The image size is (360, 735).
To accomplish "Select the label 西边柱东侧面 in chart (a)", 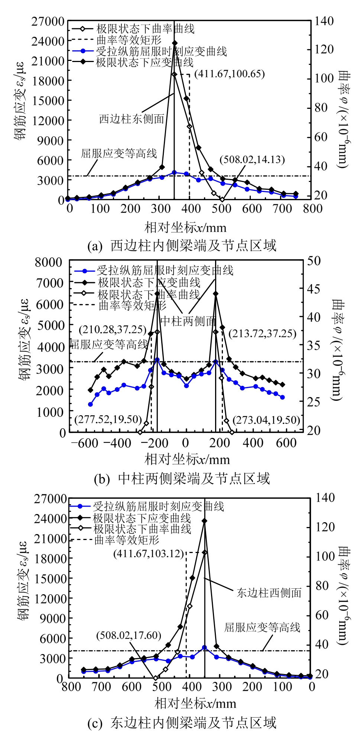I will click(132, 119).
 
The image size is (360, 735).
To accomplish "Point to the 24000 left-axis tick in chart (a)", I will click(48, 41).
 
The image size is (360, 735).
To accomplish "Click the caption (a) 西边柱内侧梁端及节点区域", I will click(182, 245).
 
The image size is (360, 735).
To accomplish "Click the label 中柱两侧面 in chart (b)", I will click(188, 321).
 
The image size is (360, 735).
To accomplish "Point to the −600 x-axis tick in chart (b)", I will click(85, 443).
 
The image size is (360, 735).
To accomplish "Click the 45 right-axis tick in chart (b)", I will click(314, 289).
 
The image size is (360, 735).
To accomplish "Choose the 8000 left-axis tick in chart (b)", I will click(48, 262).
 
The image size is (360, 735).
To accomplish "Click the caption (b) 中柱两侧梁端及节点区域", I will click(182, 479).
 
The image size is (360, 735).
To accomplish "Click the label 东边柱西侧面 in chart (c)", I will click(269, 592).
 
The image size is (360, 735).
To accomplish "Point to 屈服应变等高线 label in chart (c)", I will click(262, 627).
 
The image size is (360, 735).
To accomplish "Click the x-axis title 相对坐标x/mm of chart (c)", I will click(195, 703).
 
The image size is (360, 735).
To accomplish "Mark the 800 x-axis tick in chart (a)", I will click(312, 209).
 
